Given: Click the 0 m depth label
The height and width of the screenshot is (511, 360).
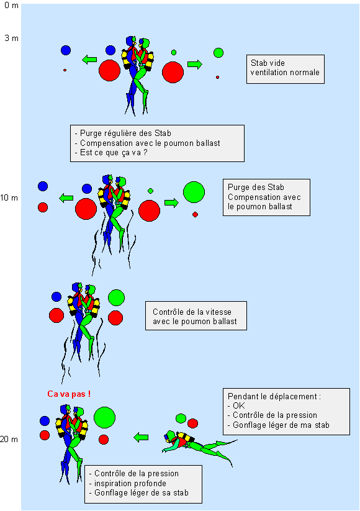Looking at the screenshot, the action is [11, 6].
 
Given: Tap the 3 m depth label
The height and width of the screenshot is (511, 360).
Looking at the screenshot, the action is [11, 38].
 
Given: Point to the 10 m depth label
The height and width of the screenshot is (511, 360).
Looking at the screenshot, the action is [9, 198].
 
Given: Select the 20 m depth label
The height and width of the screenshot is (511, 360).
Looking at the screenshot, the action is [9, 440].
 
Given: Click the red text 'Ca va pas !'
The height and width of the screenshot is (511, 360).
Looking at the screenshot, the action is [69, 394].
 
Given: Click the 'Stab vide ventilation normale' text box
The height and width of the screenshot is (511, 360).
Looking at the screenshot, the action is [286, 69].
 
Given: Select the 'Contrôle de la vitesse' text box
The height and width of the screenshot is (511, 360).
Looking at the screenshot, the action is [196, 316].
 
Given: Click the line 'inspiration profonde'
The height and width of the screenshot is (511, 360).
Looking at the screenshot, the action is [130, 483].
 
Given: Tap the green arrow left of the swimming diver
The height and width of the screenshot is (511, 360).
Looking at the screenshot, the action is [141, 437].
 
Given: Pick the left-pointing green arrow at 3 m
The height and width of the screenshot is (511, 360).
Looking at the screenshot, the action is [89, 60].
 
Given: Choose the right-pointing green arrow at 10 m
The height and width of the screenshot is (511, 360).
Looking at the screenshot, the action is [172, 202].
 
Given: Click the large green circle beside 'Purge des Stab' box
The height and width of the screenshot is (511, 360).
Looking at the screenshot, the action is [194, 192].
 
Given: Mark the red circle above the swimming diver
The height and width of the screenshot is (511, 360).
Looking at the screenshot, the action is [192, 423].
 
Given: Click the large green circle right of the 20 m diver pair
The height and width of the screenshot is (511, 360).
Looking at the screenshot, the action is [104, 417].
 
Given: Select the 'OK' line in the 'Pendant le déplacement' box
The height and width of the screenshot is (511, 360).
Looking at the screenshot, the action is [239, 405].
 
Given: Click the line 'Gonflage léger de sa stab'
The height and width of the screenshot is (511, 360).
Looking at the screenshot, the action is [142, 492].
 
